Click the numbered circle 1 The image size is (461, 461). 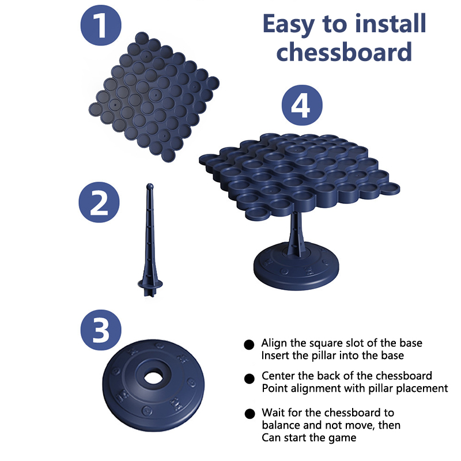101,25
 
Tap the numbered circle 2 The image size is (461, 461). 99,202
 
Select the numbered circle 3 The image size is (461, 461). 101,330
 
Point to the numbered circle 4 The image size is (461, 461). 302,105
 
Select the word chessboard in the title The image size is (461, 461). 344,51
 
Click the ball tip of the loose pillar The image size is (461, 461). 150,186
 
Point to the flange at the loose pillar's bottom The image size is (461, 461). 150,284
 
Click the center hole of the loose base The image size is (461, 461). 153,377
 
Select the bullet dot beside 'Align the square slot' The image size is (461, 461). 249,345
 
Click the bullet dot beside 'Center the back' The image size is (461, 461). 250,379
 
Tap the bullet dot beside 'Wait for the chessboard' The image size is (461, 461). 250,414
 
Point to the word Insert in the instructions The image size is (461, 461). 274,356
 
